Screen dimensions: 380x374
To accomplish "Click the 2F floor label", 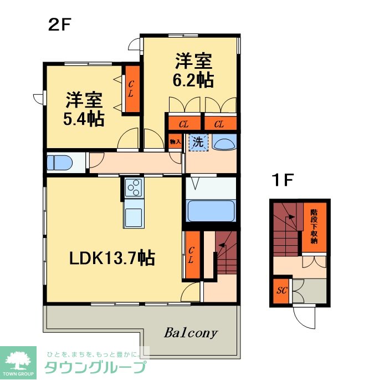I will [60, 24].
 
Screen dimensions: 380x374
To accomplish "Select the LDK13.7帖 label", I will [111, 258].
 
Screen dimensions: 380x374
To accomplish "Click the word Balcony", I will [191, 333].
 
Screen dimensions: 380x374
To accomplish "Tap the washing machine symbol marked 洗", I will [197, 142].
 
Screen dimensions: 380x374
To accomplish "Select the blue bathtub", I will [211, 211].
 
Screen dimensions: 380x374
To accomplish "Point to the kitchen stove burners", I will [133, 189].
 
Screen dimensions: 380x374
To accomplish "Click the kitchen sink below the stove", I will [133, 216].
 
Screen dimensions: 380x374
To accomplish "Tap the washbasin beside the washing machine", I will [224, 143].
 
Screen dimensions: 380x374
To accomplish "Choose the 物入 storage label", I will [175, 142].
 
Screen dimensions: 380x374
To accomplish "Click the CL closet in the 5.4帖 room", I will [131, 89].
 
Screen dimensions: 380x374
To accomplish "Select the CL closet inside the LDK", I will [191, 255].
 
